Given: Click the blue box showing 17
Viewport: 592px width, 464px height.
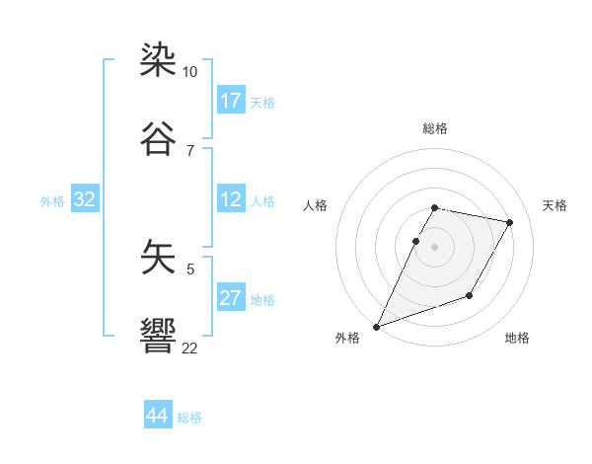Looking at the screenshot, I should pos(231,101).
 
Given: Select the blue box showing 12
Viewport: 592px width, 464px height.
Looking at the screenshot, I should pos(231,199).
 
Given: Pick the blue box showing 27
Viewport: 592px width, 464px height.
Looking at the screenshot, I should pos(231,298).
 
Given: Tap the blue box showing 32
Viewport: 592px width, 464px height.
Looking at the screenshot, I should pos(85,199).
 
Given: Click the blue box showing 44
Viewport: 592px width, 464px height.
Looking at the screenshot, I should pos(157,416).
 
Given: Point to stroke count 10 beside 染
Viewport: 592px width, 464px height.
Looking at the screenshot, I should pos(190,72).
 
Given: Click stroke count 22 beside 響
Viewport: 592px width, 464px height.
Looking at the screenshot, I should pos(190,348).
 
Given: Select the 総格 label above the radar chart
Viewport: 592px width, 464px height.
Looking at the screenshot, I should pos(435,128).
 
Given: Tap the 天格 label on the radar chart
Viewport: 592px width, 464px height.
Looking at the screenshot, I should pos(555,205).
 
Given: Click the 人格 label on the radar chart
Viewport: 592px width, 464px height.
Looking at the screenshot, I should pos(315,205).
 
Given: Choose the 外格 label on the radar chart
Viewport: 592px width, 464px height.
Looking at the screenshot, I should pos(347,338).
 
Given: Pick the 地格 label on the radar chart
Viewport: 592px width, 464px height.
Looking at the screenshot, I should pos(517,338).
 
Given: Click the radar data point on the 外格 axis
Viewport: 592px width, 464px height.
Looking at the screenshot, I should pos(376,327).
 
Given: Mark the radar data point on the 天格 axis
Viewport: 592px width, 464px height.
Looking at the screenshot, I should pos(510,222).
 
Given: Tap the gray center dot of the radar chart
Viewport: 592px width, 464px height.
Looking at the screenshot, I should pos(435,246).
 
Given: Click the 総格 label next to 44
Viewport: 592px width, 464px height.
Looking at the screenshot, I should pos(189,418).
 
